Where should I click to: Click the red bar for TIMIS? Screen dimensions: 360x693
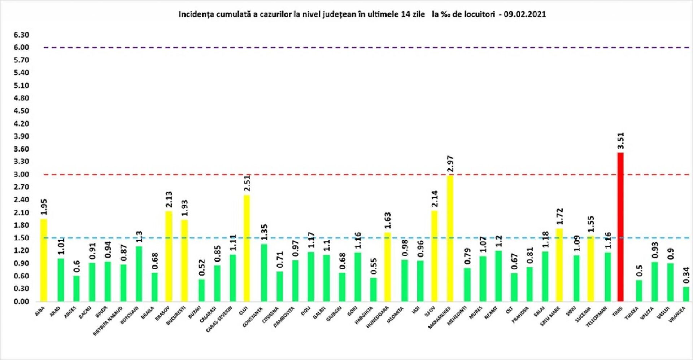(620, 227)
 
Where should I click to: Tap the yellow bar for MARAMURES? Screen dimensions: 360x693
(450, 238)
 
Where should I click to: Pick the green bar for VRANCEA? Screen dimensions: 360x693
(686, 294)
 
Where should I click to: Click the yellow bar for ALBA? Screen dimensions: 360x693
(44, 260)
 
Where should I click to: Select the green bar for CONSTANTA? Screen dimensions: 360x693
(264, 273)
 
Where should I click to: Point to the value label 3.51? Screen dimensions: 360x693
(620, 141)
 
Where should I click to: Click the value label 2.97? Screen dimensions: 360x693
(450, 164)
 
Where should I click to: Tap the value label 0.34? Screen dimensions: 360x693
(686, 275)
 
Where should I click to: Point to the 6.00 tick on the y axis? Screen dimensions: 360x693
(21, 48)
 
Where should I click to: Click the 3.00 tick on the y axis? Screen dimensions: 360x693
(21, 175)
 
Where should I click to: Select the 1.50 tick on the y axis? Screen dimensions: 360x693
(21, 238)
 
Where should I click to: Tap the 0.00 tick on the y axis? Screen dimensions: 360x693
(21, 302)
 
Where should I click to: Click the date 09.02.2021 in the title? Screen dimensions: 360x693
(525, 14)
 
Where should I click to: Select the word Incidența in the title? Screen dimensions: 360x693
(195, 14)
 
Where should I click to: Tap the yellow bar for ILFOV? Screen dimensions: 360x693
(435, 256)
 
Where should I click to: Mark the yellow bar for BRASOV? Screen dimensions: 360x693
(169, 256)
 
